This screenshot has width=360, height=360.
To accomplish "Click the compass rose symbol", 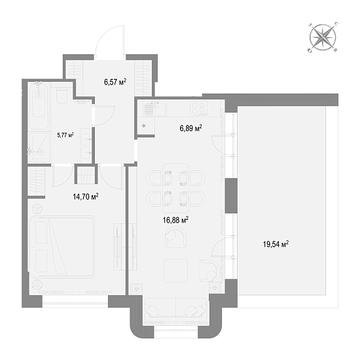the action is [x=323, y=37].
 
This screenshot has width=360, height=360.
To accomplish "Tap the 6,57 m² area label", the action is [x=115, y=82].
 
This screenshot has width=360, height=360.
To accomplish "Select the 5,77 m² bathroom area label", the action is [x=65, y=135].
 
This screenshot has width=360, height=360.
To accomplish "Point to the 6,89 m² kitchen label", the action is [x=190, y=128].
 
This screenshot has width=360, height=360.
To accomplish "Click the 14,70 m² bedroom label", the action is [x=86, y=196].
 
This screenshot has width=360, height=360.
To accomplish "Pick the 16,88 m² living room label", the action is [x=175, y=220].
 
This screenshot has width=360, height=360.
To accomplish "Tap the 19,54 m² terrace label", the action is [x=276, y=244].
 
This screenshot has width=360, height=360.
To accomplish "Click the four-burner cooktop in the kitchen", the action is [x=198, y=109].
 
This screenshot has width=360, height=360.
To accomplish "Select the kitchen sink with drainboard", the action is [x=154, y=109].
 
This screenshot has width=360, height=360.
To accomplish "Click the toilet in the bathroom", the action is [x=62, y=95].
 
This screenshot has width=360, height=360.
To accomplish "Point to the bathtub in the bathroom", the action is [x=39, y=105].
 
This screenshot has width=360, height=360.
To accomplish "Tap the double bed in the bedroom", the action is [x=62, y=247].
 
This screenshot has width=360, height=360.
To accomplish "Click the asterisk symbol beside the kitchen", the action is [x=144, y=126].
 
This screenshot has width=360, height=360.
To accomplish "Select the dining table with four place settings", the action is [x=175, y=188].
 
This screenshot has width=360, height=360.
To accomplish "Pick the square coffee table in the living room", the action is [x=175, y=271].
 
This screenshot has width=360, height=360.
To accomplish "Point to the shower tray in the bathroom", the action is [x=39, y=147].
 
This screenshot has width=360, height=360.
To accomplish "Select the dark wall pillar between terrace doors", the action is [x=231, y=196].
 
